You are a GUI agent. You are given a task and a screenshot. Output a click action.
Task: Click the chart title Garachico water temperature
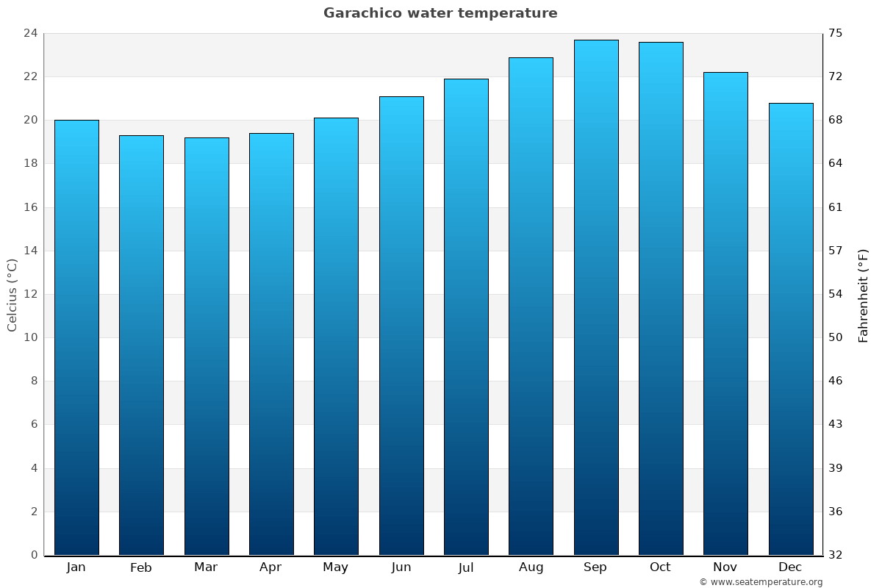click(440, 13)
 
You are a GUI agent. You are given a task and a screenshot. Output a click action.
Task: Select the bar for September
click(595, 298)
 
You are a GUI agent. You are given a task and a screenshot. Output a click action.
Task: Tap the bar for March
click(207, 346)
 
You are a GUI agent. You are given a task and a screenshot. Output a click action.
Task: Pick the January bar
click(76, 337)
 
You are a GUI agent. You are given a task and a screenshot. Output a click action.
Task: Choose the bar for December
click(790, 329)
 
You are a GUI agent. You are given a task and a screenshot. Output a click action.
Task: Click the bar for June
click(401, 326)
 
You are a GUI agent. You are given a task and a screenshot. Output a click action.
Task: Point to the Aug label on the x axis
click(531, 567)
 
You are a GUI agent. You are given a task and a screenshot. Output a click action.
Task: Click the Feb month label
click(141, 567)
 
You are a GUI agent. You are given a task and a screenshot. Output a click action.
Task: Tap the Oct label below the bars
click(660, 567)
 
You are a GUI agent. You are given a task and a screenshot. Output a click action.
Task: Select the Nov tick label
click(725, 567)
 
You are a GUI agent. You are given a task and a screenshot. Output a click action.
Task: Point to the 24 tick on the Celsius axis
click(30, 33)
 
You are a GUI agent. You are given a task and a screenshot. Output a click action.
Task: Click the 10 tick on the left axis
click(30, 337)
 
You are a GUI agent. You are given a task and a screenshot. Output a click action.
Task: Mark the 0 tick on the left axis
click(34, 555)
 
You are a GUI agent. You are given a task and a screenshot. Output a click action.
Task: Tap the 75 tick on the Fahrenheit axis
click(836, 33)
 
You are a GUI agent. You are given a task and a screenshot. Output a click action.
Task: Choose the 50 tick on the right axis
click(836, 337)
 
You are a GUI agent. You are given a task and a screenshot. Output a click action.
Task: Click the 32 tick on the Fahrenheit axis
click(836, 555)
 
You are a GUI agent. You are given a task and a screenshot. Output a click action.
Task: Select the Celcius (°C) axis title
click(12, 295)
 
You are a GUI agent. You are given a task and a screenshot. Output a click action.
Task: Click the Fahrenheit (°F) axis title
click(864, 295)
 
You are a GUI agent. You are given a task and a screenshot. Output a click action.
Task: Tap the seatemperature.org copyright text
click(761, 582)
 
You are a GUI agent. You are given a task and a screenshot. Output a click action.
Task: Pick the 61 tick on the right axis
click(836, 207)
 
